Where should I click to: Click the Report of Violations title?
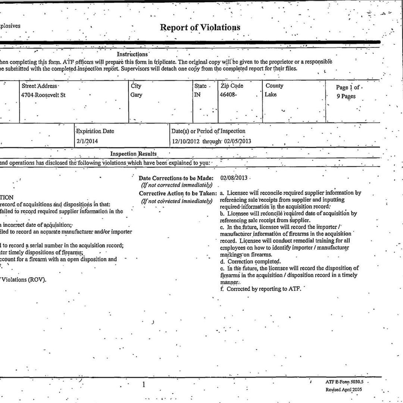(x=200, y=28)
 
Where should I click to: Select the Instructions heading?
(x=132, y=54)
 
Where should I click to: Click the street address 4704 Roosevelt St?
(x=44, y=95)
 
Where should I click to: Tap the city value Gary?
(x=136, y=95)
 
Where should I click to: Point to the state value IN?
(x=197, y=95)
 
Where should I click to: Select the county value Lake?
(x=271, y=95)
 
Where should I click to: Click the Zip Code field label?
(x=232, y=86)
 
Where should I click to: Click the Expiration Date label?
(x=95, y=131)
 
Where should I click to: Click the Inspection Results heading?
(x=133, y=154)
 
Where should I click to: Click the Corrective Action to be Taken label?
(x=178, y=193)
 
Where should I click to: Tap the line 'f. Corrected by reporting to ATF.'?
(x=260, y=289)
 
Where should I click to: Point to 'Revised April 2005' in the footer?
(x=344, y=390)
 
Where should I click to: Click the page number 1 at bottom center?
(x=144, y=385)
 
